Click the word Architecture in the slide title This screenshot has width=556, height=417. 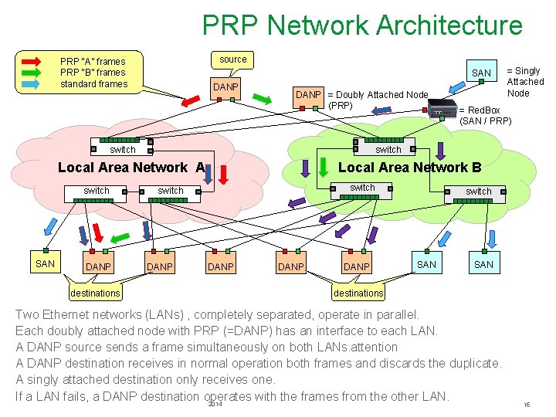point(449,25)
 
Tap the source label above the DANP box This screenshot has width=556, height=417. point(233,59)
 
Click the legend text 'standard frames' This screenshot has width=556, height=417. point(94,84)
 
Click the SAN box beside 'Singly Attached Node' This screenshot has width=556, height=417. point(481,73)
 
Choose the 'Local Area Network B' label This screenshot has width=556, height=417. point(409,168)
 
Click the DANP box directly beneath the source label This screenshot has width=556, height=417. point(226,86)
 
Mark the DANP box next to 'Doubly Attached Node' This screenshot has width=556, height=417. point(309,94)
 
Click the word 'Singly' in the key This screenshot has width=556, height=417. point(527,70)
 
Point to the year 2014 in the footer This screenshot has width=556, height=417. point(215,405)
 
